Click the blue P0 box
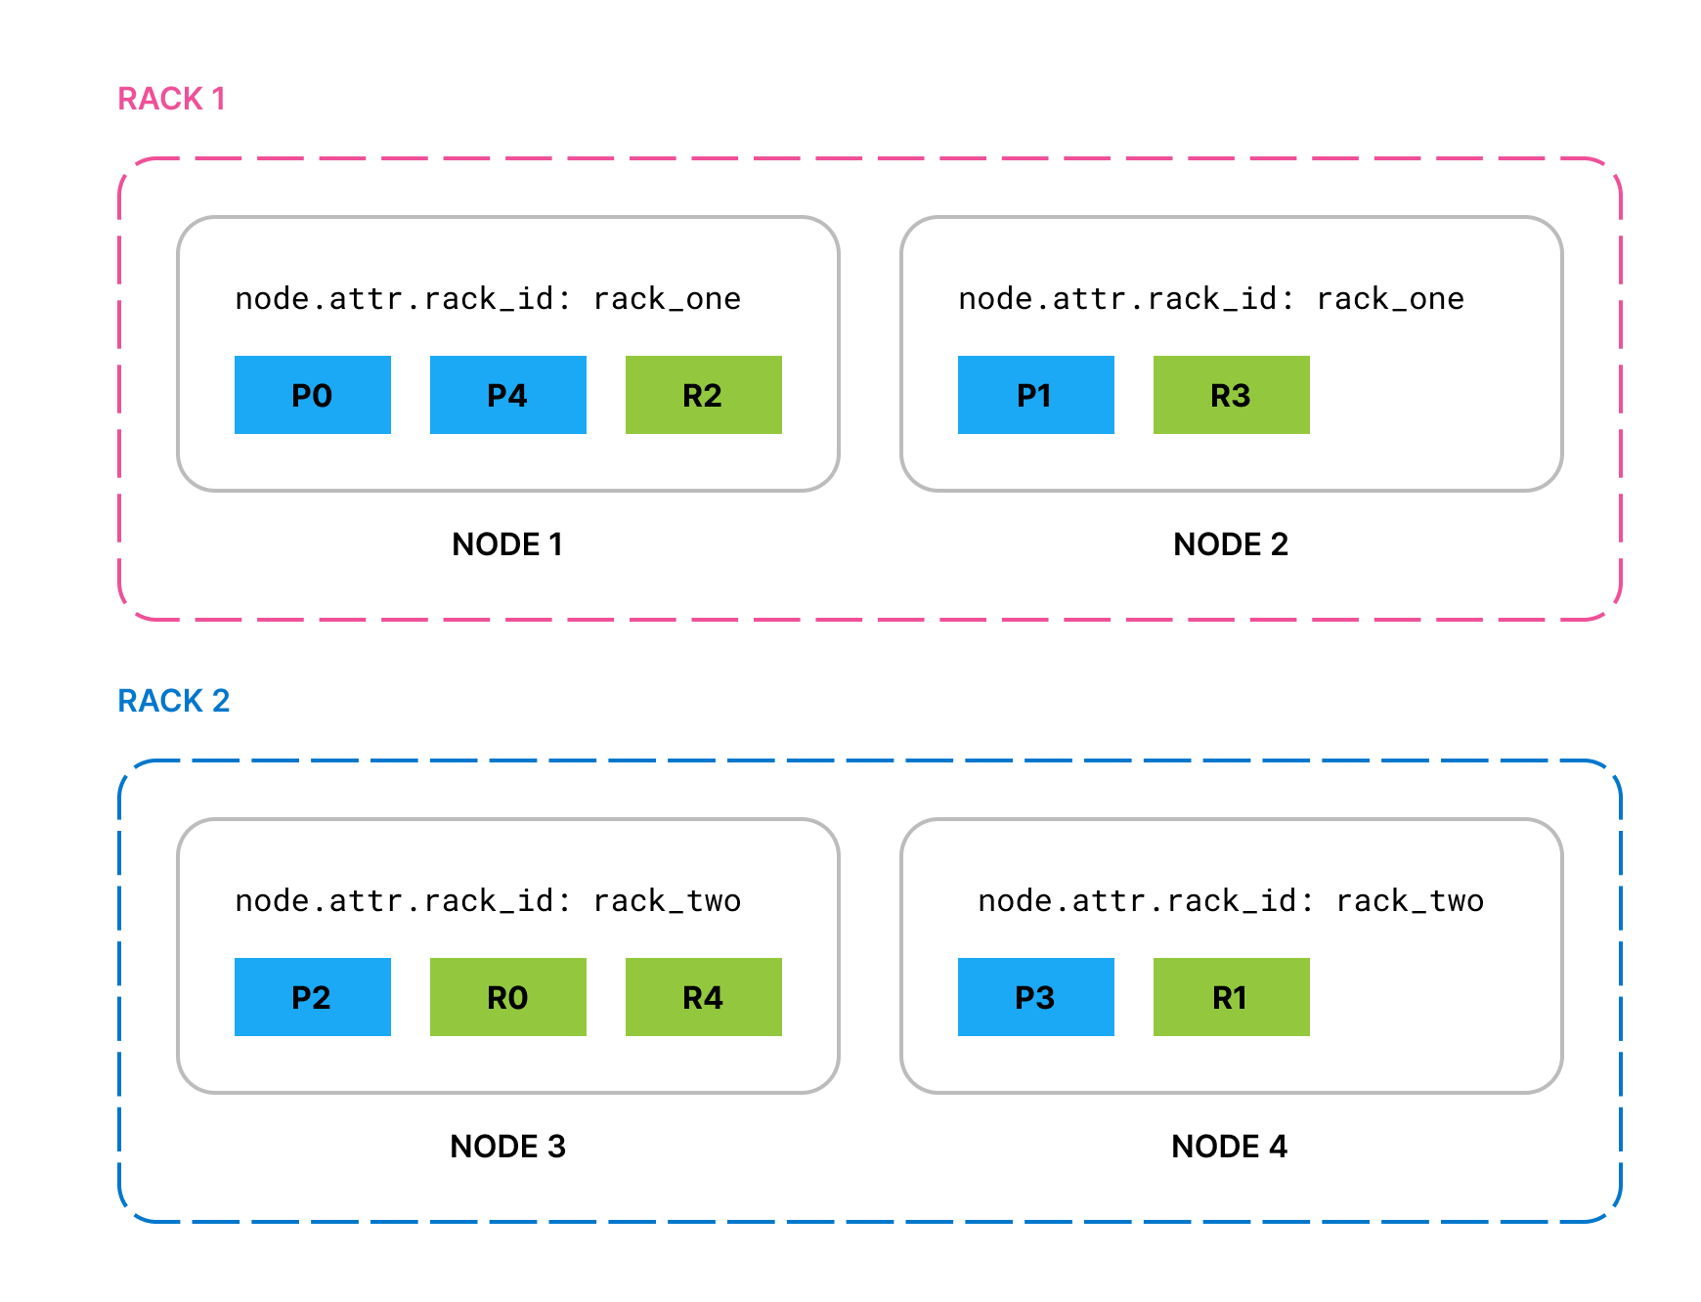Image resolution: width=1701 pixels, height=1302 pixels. pyautogui.click(x=313, y=395)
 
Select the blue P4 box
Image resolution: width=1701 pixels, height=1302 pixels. pyautogui.click(x=508, y=395)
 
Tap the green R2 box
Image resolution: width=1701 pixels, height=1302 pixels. pyautogui.click(x=704, y=395)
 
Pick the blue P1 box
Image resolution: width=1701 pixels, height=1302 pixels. pyautogui.click(x=1036, y=395)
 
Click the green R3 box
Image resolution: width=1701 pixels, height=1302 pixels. pyautogui.click(x=1232, y=395)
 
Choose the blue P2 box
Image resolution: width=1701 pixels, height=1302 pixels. pyautogui.click(x=313, y=997)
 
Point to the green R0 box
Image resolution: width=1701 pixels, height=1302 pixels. pyautogui.click(x=508, y=997)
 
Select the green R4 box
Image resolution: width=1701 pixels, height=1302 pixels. pyautogui.click(x=704, y=997)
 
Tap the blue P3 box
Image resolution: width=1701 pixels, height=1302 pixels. pyautogui.click(x=1036, y=997)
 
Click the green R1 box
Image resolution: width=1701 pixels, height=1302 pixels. pyautogui.click(x=1232, y=997)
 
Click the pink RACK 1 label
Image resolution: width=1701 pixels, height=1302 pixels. pyautogui.click(x=172, y=99)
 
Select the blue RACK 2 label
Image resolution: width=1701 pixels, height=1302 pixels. pyautogui.click(x=174, y=701)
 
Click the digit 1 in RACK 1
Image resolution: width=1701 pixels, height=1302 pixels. pyautogui.click(x=218, y=99)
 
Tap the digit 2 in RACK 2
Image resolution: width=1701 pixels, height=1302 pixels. pyautogui.click(x=221, y=701)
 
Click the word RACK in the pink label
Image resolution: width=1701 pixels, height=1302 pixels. pyautogui.click(x=160, y=99)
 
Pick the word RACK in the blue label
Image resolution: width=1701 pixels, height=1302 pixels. pyautogui.click(x=160, y=701)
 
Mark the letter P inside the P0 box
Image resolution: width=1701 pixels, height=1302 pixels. pyautogui.click(x=301, y=396)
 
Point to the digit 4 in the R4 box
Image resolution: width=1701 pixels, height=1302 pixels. pyautogui.click(x=714, y=998)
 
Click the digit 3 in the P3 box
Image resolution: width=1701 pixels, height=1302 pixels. pyautogui.click(x=1046, y=998)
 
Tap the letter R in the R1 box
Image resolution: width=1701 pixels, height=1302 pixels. pyautogui.click(x=1221, y=998)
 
